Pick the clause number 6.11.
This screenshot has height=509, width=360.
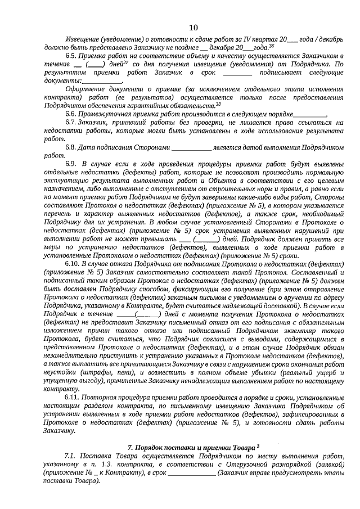73,397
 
